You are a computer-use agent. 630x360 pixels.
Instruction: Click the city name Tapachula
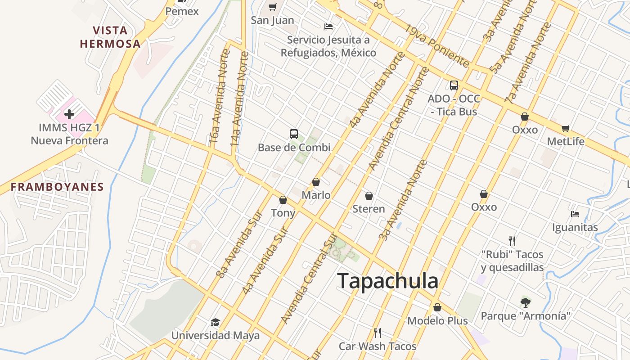387,281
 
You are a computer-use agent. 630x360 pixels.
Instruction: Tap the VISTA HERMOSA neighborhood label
110,37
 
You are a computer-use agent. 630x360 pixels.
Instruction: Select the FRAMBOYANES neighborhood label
57,187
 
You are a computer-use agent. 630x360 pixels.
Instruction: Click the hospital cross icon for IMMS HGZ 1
69,114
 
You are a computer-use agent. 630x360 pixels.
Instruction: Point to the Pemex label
182,11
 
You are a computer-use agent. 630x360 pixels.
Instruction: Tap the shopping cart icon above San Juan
272,6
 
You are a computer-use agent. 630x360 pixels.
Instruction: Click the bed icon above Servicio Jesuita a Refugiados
328,27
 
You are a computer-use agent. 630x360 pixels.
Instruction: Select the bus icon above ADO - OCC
454,85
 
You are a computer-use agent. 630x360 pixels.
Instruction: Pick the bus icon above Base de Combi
294,134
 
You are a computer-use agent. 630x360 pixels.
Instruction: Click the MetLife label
566,142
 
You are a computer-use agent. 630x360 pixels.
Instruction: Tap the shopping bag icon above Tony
283,199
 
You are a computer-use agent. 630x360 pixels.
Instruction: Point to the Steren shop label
369,209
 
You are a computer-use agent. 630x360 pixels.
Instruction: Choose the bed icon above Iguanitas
575,214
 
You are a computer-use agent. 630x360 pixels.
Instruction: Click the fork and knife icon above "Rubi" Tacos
512,241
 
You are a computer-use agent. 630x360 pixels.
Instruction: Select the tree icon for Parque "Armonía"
525,302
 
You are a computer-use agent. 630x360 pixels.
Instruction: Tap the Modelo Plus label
437,321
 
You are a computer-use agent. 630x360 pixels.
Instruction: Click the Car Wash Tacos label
378,346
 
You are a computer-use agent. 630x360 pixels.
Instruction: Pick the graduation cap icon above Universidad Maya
215,322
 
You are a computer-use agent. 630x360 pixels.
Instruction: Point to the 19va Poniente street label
436,45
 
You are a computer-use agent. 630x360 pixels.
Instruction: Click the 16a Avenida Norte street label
220,97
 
